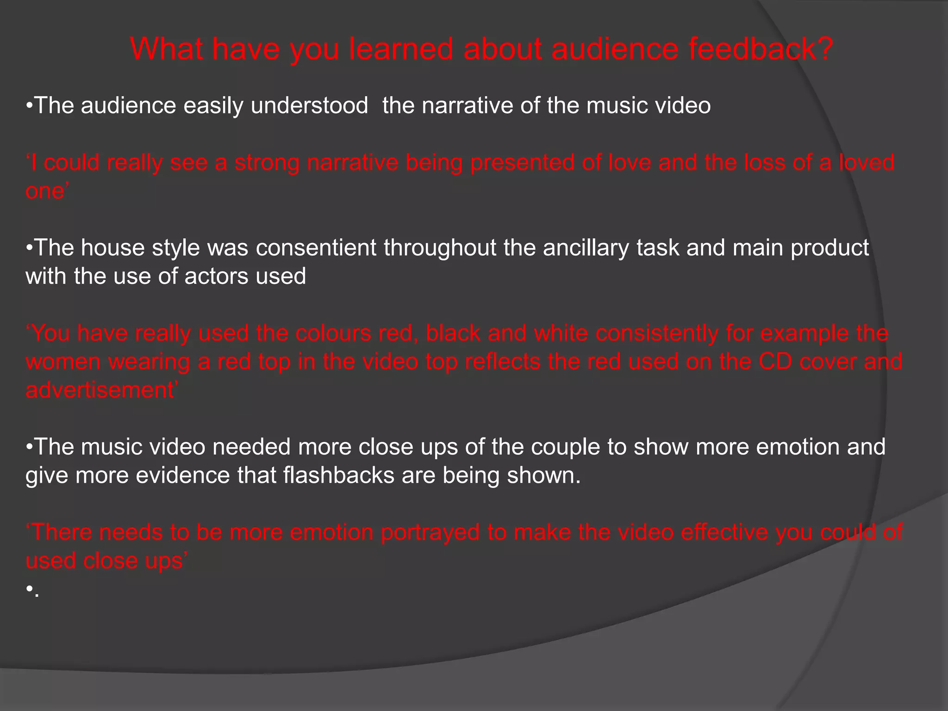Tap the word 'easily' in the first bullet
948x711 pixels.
213,106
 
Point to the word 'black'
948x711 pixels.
453,333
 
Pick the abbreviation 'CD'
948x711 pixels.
775,362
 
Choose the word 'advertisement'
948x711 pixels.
100,390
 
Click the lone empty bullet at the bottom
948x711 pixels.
29,589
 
